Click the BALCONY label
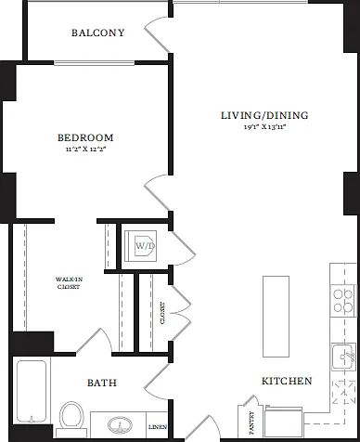[98, 32]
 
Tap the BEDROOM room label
[85, 137]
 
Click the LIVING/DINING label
[264, 115]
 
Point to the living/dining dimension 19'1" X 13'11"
[264, 126]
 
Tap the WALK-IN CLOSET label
[69, 283]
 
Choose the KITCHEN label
[287, 381]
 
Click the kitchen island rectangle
[276, 317]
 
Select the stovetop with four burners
[342, 301]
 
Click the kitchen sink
[343, 357]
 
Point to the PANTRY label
[251, 422]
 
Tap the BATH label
[102, 383]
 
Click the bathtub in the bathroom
[32, 391]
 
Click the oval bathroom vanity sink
[120, 425]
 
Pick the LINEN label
[158, 427]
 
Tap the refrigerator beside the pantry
[284, 423]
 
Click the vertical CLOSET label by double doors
[162, 313]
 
